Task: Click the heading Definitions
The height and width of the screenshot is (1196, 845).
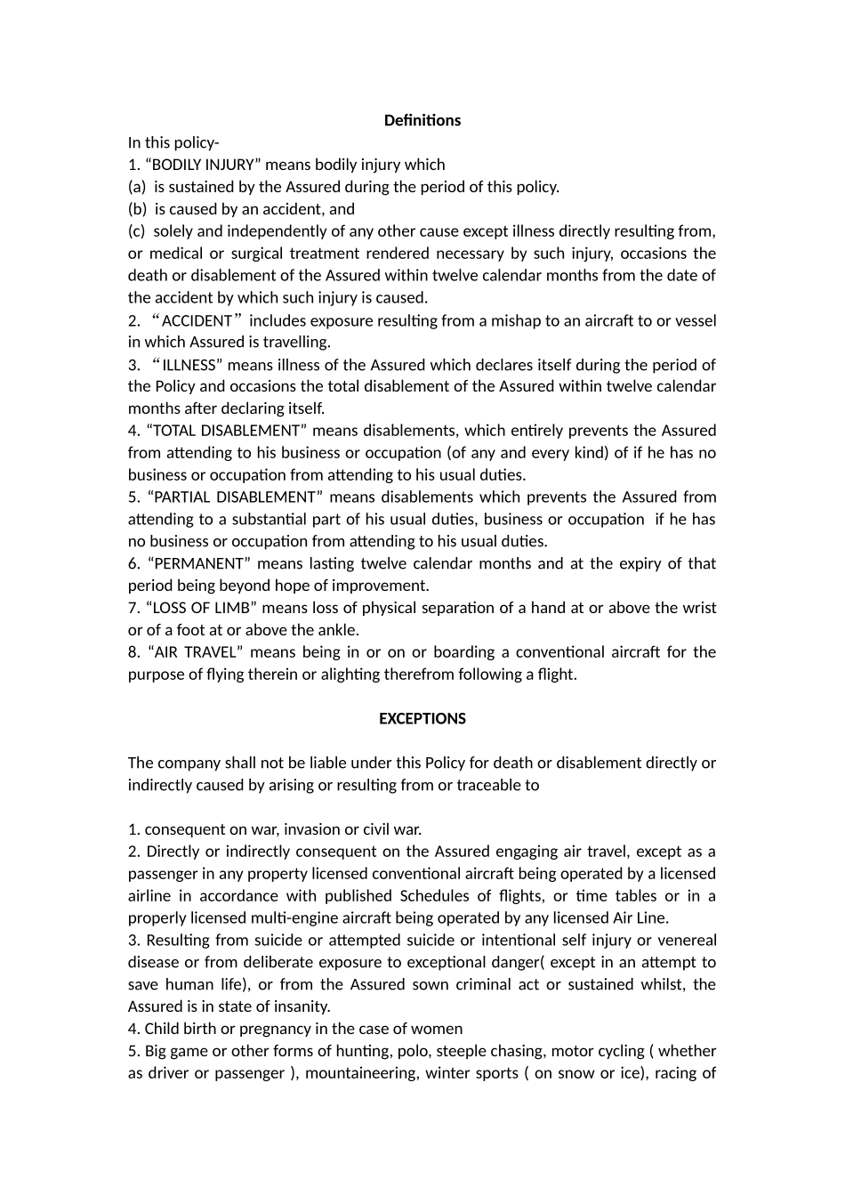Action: coord(422,120)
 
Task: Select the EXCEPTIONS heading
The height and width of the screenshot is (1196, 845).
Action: coord(422,718)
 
